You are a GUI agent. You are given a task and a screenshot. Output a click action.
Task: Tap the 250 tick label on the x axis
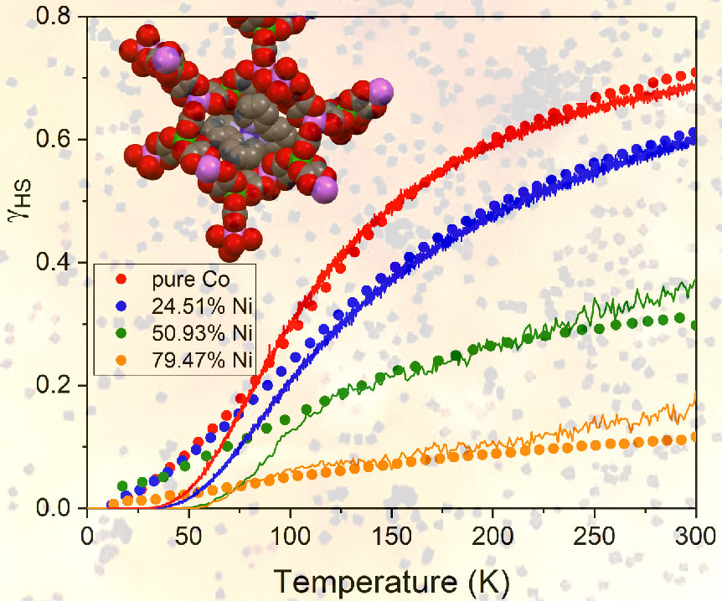tap(595, 534)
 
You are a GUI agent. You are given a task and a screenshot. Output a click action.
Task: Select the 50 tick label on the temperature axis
tap(189, 534)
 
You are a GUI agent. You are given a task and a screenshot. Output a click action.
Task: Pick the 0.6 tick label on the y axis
tap(62, 139)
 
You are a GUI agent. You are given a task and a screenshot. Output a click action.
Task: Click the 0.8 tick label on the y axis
tap(62, 16)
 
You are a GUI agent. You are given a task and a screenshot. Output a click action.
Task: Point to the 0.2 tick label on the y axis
tap(62, 386)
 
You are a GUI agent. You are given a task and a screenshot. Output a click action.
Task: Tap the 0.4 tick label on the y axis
tap(62, 263)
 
